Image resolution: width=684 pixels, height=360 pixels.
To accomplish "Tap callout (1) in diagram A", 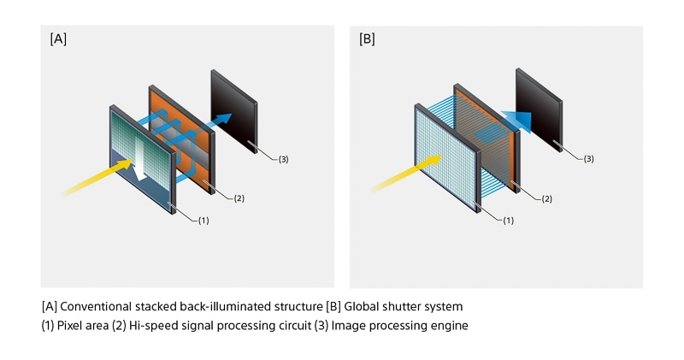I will click(x=203, y=221).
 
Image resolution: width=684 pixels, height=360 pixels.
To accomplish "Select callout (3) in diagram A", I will click(x=284, y=159).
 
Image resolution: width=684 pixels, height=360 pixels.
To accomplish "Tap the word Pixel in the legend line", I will click(x=74, y=326).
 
